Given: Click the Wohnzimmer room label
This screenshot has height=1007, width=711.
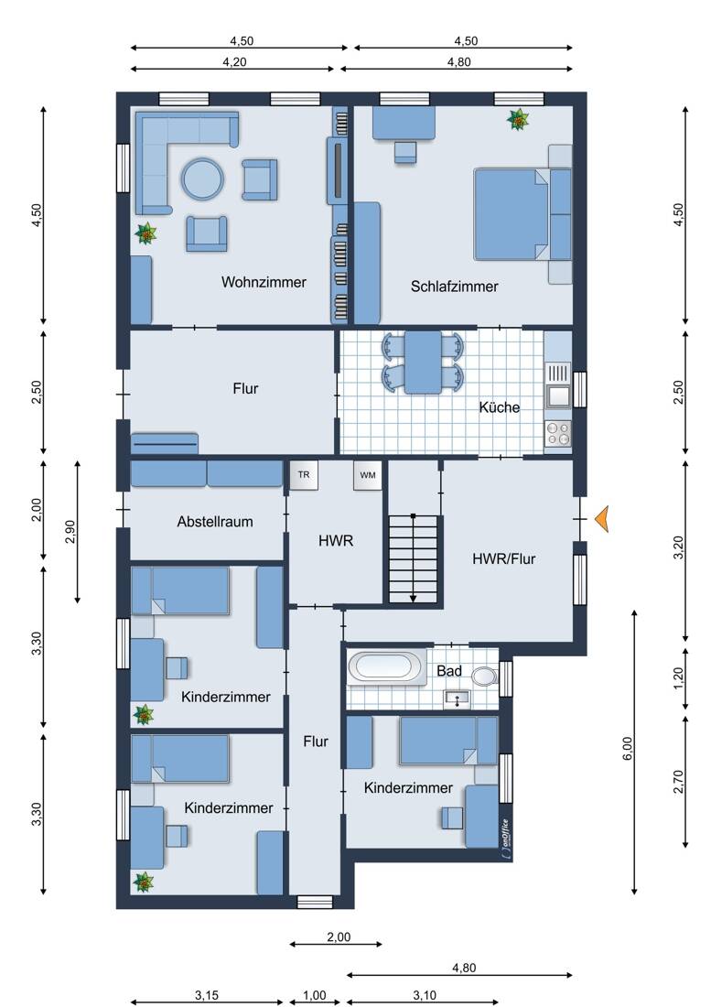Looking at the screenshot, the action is pos(264,282).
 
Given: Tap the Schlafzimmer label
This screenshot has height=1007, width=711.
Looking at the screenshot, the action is pos(454,287).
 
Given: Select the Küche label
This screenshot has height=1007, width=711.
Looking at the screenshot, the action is pos(500,407).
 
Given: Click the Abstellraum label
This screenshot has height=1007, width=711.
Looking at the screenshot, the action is pos(215,522).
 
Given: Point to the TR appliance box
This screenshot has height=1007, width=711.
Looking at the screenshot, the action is pos(304,475).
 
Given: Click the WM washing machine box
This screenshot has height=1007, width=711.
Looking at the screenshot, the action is pos(368,475).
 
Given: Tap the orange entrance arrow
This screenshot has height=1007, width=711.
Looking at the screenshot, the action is pos(601,519).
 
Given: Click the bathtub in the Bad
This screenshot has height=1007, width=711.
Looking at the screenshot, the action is pos(386,666).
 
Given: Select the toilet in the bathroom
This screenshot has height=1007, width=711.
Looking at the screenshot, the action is pos(484,676).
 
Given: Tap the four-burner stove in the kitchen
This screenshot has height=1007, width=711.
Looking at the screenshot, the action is pos(557,434).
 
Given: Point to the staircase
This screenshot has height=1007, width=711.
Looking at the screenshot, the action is pos(414,558).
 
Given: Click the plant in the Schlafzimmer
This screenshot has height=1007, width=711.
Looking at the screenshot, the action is pos(518,119).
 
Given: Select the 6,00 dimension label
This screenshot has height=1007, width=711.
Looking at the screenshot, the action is pos(628,748).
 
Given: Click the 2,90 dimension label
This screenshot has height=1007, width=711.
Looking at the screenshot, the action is pos(70,532).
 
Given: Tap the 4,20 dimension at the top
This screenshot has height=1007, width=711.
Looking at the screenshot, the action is pos(234,62).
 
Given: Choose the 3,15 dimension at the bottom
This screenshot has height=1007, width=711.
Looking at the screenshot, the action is pos(207,995).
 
